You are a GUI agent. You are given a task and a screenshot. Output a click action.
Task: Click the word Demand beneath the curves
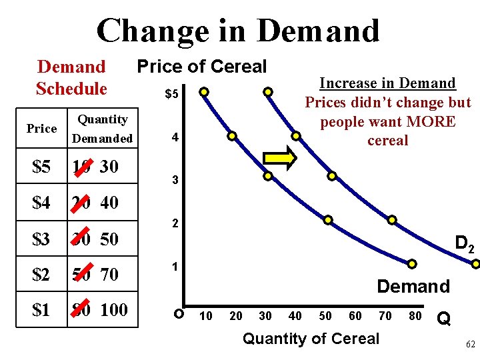click(413, 287)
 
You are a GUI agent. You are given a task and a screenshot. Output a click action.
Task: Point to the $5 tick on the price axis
click(171, 94)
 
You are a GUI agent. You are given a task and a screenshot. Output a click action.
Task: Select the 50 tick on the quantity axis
click(325, 315)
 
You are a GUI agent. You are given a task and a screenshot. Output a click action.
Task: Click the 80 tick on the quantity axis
click(415, 315)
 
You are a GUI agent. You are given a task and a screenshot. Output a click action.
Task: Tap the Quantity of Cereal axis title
click(311, 339)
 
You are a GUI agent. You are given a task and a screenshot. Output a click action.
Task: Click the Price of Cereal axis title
click(201, 67)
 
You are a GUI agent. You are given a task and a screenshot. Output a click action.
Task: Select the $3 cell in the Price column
click(41, 239)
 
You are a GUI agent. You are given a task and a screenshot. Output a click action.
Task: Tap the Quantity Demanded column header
click(103, 129)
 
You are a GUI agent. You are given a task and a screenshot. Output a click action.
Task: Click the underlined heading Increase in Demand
click(387, 83)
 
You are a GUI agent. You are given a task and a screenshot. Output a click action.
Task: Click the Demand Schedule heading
click(71, 77)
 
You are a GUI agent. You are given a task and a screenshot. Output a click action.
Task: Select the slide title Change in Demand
click(238, 31)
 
